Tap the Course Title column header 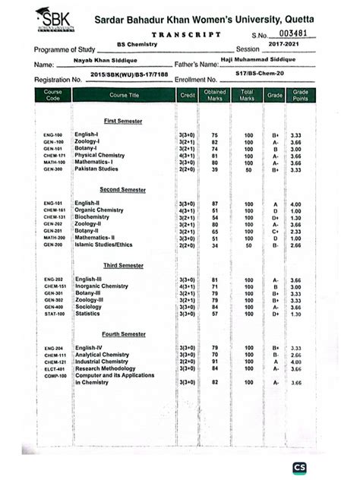pyautogui.click(x=124, y=95)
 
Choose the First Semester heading pyautogui.click(x=122, y=121)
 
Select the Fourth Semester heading pyautogui.click(x=125, y=334)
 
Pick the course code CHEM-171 pyautogui.click(x=55, y=155)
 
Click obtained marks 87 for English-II pyautogui.click(x=215, y=204)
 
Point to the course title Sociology pyautogui.click(x=89, y=307)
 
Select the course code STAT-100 pyautogui.click(x=54, y=314)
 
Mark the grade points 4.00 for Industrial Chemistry pyautogui.click(x=296, y=362)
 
